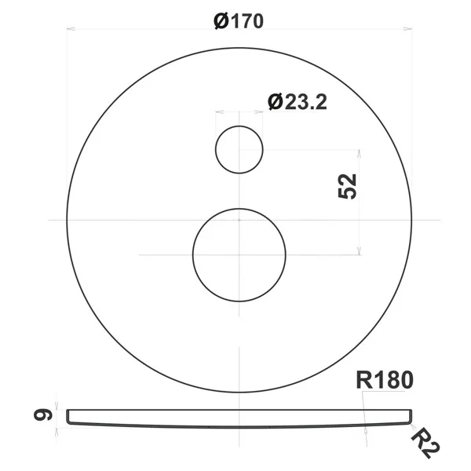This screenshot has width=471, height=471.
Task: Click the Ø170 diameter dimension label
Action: coord(239,21)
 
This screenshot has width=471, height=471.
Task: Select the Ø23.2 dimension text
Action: coord(298,102)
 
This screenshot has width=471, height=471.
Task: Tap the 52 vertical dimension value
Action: coord(347,186)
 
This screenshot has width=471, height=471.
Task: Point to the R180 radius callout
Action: coord(385,380)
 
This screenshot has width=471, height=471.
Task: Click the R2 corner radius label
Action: coord(425,444)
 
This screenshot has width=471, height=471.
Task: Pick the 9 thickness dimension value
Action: coord(43,415)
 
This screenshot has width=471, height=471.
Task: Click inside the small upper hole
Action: coord(239,150)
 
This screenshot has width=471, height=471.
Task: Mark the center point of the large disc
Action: coord(239,220)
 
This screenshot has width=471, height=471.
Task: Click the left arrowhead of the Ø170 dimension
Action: coord(71,29)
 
